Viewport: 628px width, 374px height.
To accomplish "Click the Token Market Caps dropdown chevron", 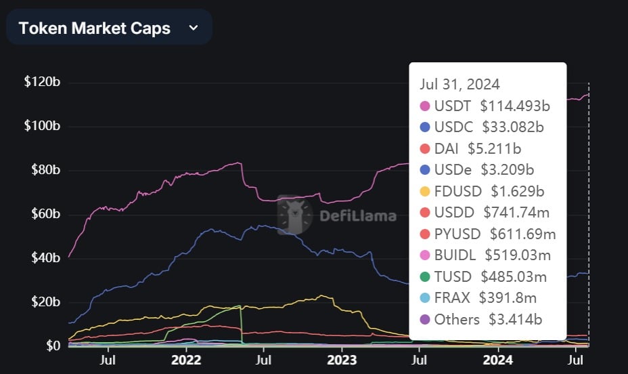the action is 194,28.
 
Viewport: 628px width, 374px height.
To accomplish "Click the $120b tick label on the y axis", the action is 42,82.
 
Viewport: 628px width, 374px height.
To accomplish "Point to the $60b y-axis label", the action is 45,213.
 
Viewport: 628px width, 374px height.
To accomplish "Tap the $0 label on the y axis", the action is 53,345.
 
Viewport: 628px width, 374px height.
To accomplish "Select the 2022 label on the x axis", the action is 186,360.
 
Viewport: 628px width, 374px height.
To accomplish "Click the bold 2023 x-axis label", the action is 342,360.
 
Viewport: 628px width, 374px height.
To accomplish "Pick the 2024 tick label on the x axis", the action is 497,360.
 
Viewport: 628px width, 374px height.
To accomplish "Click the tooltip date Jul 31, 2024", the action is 459,84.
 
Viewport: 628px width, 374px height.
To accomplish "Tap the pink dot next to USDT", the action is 425,106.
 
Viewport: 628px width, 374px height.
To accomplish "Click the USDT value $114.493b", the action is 515,106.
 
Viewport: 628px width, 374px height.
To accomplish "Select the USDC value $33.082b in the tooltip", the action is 513,127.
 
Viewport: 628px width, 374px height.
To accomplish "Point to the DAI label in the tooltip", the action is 446,148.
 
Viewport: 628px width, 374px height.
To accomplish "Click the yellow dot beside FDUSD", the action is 425,191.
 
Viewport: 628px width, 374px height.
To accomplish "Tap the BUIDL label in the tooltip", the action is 455,255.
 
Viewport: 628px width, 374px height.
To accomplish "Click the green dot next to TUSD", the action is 425,276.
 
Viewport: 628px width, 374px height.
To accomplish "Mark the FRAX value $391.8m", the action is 508,298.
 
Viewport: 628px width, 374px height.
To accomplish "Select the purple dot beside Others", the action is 425,320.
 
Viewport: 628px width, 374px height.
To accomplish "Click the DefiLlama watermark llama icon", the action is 295,215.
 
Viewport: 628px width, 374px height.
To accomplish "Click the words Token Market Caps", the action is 95,28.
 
